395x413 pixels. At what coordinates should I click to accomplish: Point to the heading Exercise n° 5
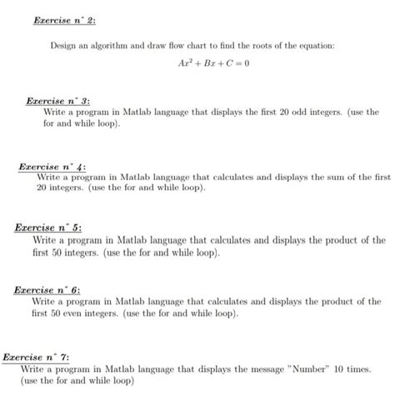(47, 228)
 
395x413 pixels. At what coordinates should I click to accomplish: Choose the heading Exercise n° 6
(47, 290)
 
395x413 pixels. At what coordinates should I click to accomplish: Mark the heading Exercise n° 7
(36, 356)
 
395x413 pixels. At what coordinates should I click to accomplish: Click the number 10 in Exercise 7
(340, 368)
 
